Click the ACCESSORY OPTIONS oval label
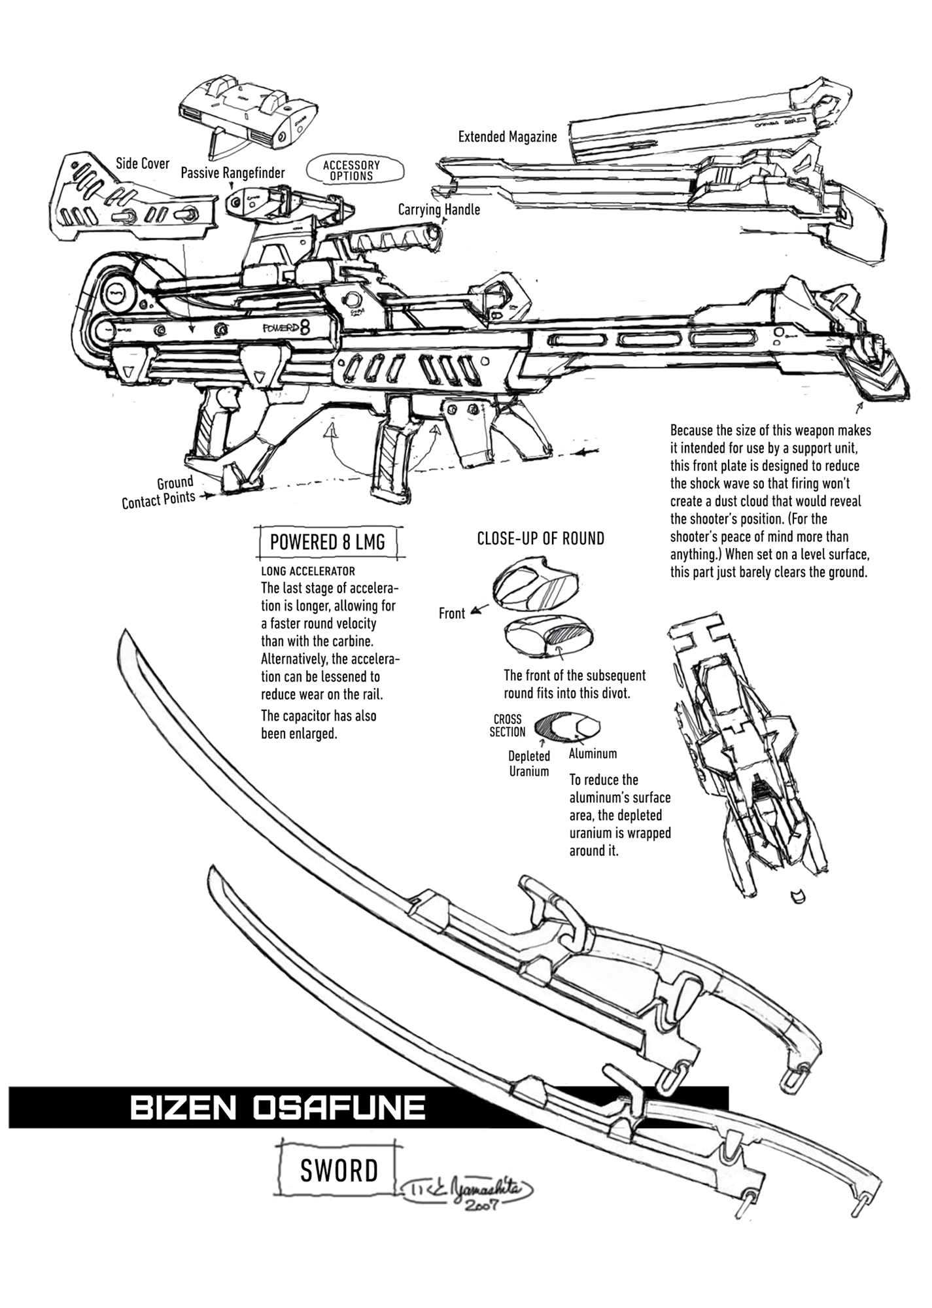coord(351,171)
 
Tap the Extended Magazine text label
coord(507,137)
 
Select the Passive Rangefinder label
coord(232,173)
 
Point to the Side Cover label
coord(142,163)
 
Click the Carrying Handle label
coord(439,209)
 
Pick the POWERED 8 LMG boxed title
coord(327,542)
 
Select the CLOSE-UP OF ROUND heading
coord(540,538)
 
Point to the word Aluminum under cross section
coord(593,753)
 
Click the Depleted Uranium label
coord(529,763)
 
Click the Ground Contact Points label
coord(159,492)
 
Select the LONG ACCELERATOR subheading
coord(307,571)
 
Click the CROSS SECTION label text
coord(507,725)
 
